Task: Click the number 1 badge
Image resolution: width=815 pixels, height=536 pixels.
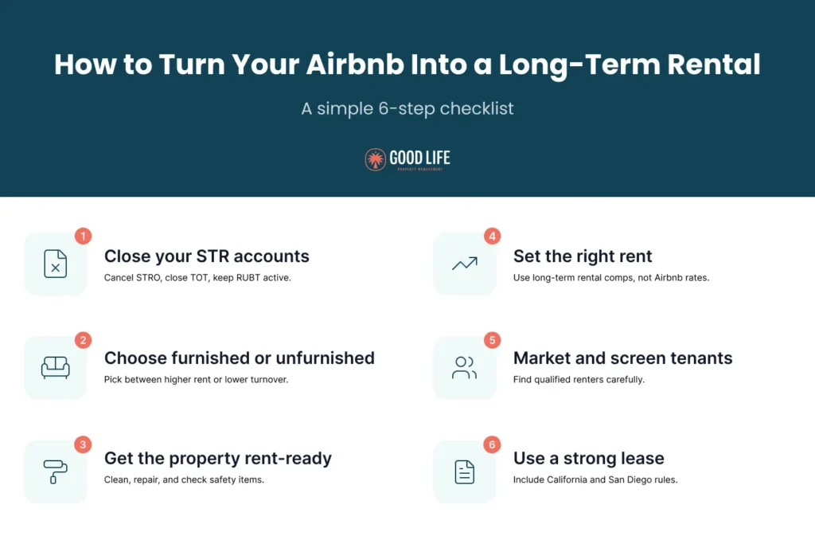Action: pos(84,237)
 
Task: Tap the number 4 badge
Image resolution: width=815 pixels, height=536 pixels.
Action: pos(492,237)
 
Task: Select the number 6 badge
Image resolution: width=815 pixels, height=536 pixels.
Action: pos(492,444)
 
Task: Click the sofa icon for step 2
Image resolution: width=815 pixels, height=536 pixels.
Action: pos(56,367)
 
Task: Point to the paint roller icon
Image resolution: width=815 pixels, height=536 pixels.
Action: pos(56,471)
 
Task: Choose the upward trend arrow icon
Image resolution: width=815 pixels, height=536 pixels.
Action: pos(464,264)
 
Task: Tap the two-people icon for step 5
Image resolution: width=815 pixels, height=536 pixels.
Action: pos(464,367)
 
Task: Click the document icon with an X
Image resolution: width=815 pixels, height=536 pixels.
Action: pos(56,264)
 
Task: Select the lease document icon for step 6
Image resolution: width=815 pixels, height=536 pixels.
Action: pos(464,471)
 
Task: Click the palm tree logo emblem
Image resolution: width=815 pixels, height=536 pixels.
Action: pos(375,159)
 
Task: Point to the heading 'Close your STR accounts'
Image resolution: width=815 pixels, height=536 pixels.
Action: pos(207,256)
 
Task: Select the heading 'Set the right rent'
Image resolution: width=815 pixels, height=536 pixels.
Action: pos(583,256)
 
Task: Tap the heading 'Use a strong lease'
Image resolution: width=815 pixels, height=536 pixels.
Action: pos(588,459)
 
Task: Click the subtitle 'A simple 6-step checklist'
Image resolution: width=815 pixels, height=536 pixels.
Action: pos(407,109)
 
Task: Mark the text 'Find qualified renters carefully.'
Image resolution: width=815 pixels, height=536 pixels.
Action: pos(579,380)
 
